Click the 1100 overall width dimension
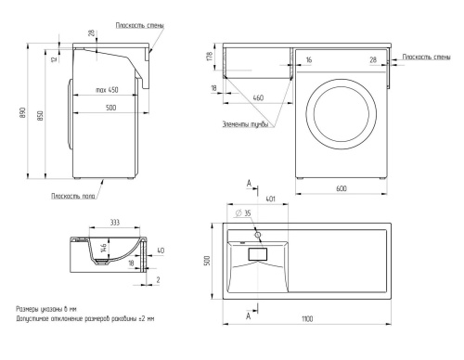307,318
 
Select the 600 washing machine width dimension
342,188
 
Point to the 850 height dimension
41,115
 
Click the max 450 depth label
107,90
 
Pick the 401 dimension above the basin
270,199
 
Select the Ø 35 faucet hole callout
243,213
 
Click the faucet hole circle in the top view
257,235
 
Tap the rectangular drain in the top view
258,254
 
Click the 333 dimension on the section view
115,223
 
